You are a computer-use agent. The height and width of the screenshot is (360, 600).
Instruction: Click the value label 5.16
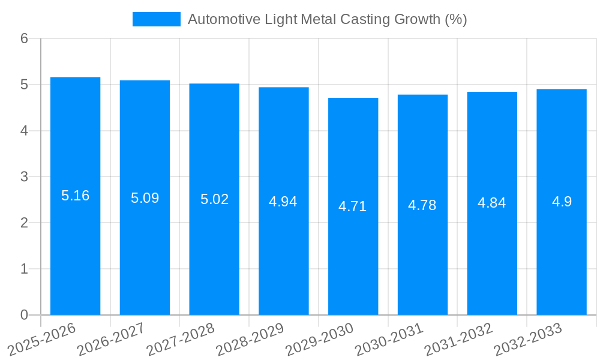click(x=75, y=196)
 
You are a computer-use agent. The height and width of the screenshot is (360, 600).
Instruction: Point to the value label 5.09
click(x=145, y=198)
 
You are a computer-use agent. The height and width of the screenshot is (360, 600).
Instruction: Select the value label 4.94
click(x=283, y=202)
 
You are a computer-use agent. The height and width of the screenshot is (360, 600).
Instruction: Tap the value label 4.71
click(x=353, y=206)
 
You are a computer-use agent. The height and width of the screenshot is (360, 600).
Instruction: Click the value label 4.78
click(x=422, y=205)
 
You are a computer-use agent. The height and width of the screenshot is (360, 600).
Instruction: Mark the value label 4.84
click(x=492, y=203)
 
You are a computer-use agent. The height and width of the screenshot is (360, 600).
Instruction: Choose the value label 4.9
click(x=562, y=202)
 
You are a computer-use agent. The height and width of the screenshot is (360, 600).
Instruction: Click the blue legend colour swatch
click(x=156, y=19)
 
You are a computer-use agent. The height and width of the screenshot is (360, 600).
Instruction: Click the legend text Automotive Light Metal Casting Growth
click(x=327, y=19)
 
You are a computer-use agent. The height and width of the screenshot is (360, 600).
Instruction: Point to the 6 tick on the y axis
click(x=24, y=38)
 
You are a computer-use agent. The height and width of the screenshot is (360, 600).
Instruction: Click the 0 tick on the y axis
click(x=24, y=315)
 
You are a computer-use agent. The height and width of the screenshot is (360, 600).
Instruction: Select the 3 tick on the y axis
click(x=24, y=177)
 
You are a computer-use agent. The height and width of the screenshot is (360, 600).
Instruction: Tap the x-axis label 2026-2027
click(x=112, y=339)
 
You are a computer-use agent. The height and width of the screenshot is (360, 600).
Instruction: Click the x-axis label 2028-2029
click(x=250, y=339)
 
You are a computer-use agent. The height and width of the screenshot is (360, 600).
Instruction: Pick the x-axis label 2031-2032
click(x=459, y=339)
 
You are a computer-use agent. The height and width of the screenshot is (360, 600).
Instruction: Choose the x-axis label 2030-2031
click(x=389, y=339)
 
